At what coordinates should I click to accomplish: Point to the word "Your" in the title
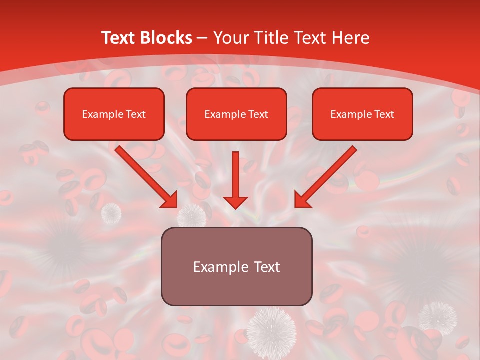pos(230,38)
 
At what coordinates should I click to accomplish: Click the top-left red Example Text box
pos(114,114)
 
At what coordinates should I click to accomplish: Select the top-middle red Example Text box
pos(236,114)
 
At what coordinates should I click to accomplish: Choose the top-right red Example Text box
pos(362,114)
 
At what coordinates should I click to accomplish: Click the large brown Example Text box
pos(236,266)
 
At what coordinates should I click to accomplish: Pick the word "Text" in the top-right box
pos(384,114)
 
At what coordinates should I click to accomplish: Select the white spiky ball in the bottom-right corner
pos(437,317)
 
